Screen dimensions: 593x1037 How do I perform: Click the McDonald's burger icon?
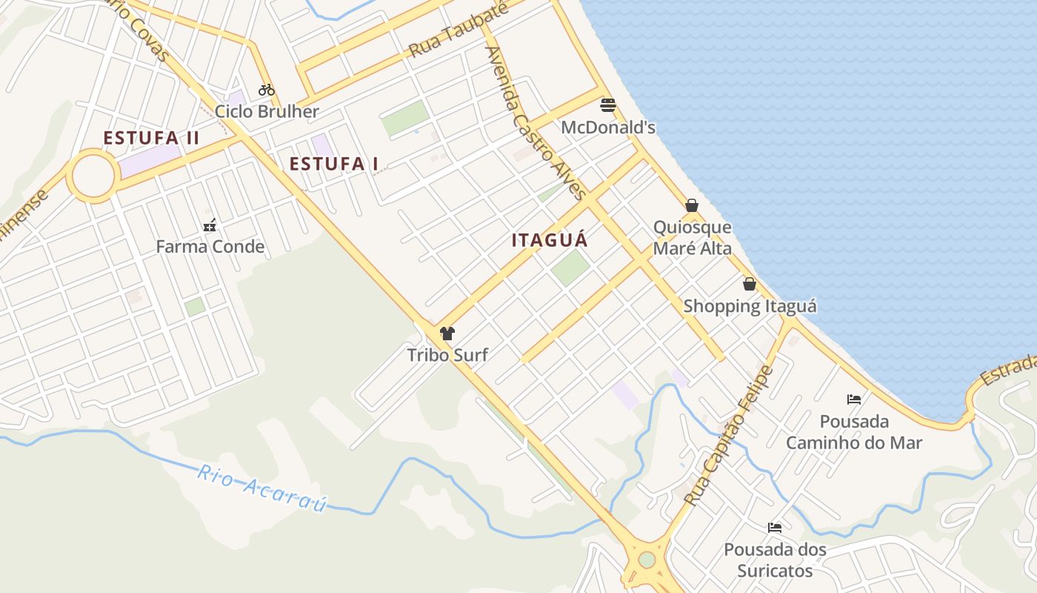(x=608, y=105)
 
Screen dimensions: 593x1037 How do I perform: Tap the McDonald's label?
(x=608, y=127)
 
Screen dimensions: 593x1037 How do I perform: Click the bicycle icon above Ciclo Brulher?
(x=267, y=90)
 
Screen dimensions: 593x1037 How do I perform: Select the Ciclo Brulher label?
(x=267, y=112)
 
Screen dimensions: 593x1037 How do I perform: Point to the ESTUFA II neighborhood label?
(x=151, y=138)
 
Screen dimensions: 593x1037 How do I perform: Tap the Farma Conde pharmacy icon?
(x=210, y=225)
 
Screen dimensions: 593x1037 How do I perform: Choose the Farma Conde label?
(x=210, y=247)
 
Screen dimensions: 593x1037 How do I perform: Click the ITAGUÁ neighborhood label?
(x=550, y=240)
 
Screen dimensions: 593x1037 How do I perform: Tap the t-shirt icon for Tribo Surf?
(x=447, y=334)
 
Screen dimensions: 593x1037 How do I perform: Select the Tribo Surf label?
(x=447, y=355)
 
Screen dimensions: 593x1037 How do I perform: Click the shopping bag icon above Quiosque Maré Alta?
(x=692, y=205)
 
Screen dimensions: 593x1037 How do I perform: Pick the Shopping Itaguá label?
(x=750, y=306)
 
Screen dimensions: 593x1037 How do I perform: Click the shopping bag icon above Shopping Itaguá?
(x=750, y=284)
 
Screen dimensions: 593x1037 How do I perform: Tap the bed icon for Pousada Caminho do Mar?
(x=854, y=400)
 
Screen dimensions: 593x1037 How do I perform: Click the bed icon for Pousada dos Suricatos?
(x=775, y=528)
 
